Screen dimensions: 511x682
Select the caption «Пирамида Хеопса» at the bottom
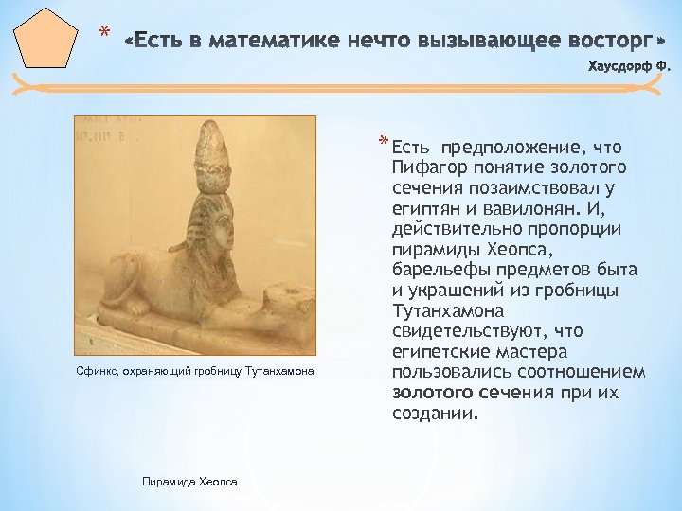(x=188, y=482)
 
